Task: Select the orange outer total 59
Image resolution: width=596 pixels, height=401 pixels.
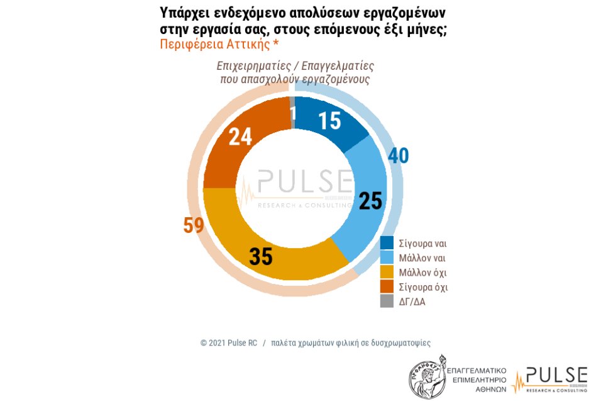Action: (194, 225)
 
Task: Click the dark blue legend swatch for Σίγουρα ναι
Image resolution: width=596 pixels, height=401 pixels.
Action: (387, 244)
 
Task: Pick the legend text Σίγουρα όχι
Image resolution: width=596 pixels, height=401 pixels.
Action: (424, 287)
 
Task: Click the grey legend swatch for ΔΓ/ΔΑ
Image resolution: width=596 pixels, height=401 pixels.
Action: (387, 302)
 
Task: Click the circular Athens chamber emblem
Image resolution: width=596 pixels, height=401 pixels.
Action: (428, 377)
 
